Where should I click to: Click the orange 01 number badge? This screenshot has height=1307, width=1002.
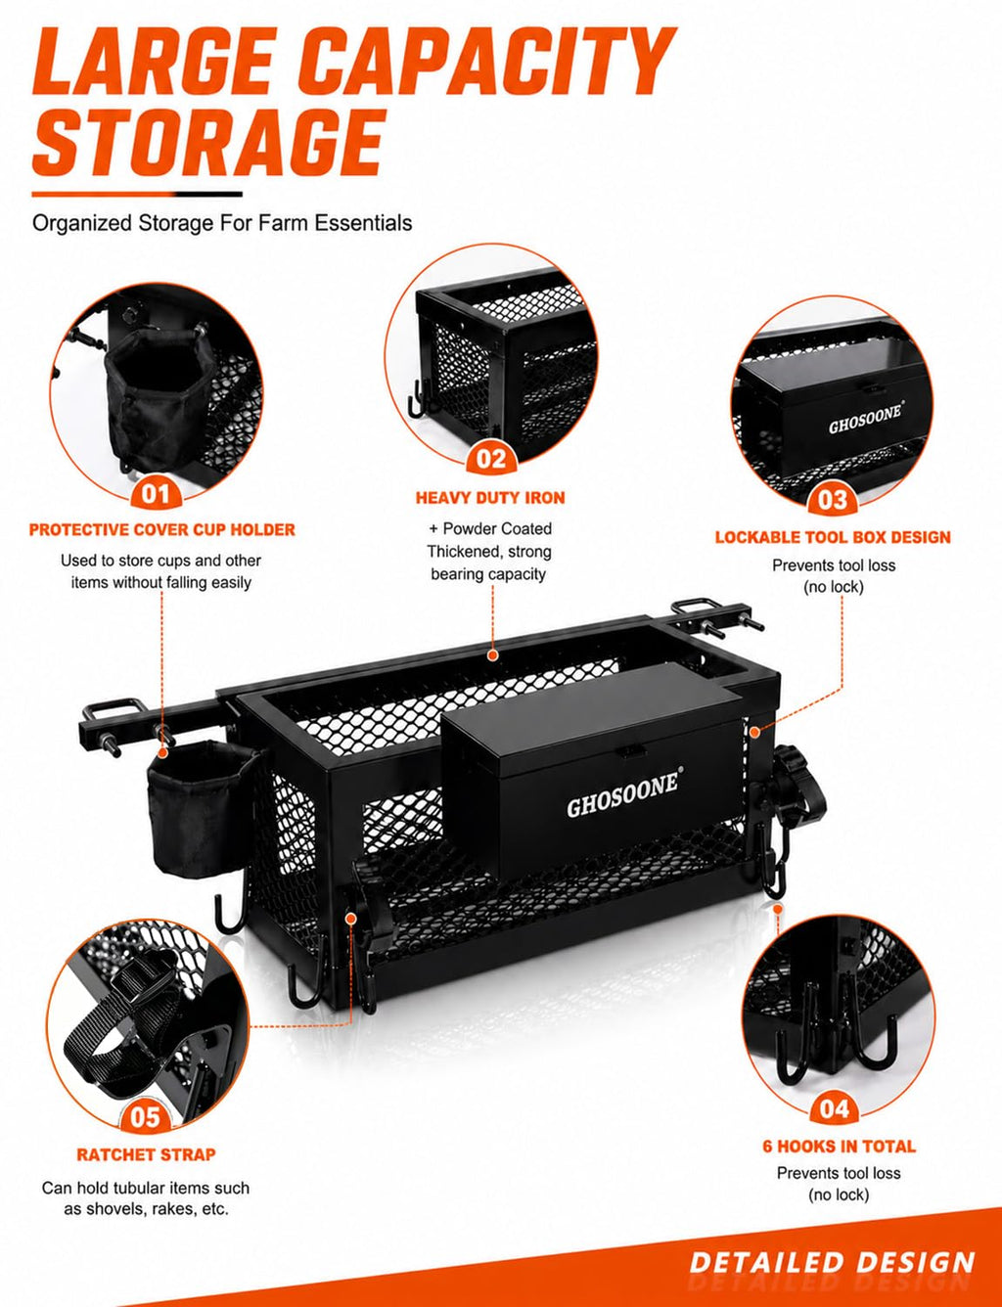[x=156, y=494]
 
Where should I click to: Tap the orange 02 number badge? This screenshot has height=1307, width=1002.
[x=491, y=459]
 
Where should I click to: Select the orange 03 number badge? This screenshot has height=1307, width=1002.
[x=833, y=500]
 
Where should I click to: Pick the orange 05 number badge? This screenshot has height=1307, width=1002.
[x=145, y=1117]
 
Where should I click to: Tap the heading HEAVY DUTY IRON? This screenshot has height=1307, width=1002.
[x=490, y=498]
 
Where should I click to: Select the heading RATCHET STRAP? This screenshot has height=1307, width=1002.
[x=146, y=1154]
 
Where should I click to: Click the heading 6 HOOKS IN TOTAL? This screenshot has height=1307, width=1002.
[x=839, y=1146]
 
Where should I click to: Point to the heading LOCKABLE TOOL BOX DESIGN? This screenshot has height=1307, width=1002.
[x=833, y=537]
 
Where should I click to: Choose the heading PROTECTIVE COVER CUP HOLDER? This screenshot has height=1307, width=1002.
[x=162, y=530]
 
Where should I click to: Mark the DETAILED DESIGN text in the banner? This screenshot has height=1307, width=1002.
[x=833, y=1261]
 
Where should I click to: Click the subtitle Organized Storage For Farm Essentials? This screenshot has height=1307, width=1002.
[x=222, y=223]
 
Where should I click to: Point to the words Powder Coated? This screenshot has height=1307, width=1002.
[x=497, y=528]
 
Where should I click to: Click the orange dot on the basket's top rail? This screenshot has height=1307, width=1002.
[x=492, y=655]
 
